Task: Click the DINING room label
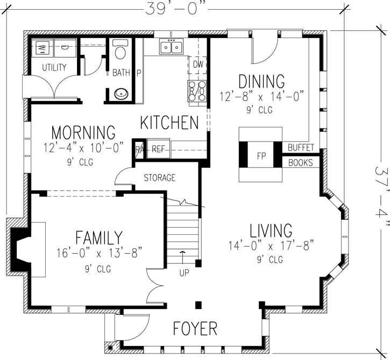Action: (261, 82)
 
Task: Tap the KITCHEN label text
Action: (169, 123)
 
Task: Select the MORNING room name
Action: (83, 132)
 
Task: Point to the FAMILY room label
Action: (98, 237)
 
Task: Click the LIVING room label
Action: (271, 231)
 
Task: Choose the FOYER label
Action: (195, 328)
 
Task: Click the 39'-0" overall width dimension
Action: (175, 8)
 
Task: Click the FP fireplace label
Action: (261, 156)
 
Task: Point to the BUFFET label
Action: (301, 147)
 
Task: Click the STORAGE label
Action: (159, 178)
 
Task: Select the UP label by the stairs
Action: (184, 273)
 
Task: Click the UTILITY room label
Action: (54, 68)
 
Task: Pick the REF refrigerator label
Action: (157, 149)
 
